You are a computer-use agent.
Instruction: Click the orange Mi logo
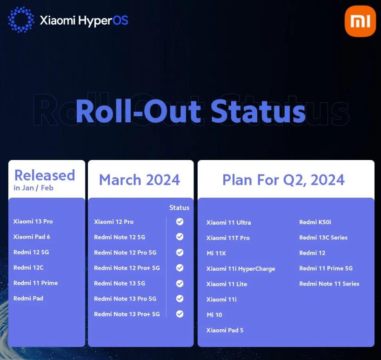pyautogui.click(x=360, y=21)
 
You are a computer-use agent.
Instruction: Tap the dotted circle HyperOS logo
pyautogui.click(x=21, y=20)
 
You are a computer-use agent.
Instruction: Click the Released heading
pyautogui.click(x=45, y=175)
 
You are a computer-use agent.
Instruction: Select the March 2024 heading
pyautogui.click(x=140, y=180)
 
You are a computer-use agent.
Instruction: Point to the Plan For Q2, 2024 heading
pyautogui.click(x=283, y=180)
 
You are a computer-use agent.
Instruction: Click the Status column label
pyautogui.click(x=179, y=208)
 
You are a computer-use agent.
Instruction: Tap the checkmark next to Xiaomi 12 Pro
pyautogui.click(x=180, y=222)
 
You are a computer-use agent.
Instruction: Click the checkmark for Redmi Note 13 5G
pyautogui.click(x=180, y=283)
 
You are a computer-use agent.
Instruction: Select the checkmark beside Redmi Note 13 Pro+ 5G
pyautogui.click(x=180, y=314)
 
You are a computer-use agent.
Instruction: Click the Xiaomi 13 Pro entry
pyautogui.click(x=33, y=221)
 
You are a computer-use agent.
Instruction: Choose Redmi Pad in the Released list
pyautogui.click(x=28, y=298)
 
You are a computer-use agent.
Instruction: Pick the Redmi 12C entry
pyautogui.click(x=28, y=267)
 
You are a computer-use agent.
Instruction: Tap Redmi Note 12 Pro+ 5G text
pyautogui.click(x=127, y=268)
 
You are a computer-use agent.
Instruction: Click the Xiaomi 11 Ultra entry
pyautogui.click(x=228, y=222)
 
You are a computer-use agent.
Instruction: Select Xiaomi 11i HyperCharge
pyautogui.click(x=241, y=268)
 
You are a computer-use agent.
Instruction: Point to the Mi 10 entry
pyautogui.click(x=214, y=315)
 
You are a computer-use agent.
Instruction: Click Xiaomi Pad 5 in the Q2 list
pyautogui.click(x=225, y=330)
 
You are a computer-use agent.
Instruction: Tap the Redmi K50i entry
pyautogui.click(x=315, y=222)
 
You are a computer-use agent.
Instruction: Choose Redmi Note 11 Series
pyautogui.click(x=329, y=284)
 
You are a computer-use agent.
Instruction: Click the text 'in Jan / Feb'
pyautogui.click(x=33, y=188)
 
